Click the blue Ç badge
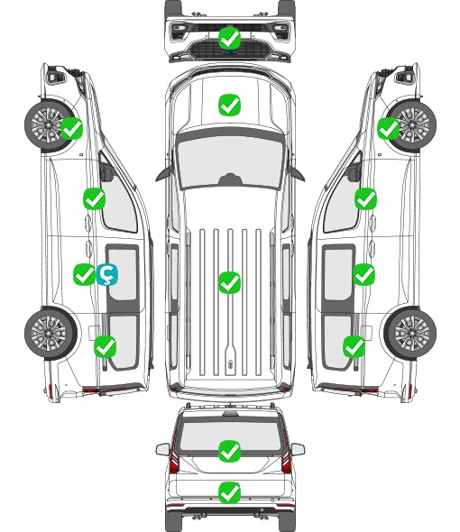(x=107, y=275)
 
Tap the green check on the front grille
(x=229, y=38)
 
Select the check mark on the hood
(x=229, y=105)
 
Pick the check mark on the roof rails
(x=229, y=282)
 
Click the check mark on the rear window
(x=229, y=451)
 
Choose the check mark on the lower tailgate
(x=229, y=492)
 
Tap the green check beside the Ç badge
(x=84, y=274)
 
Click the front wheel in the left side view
(x=50, y=125)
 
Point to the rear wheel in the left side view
(x=51, y=333)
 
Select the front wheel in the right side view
(x=412, y=125)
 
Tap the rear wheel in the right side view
(x=410, y=333)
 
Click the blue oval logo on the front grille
(x=229, y=52)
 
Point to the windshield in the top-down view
(x=230, y=161)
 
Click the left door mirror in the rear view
(x=162, y=449)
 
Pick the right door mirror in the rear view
(x=298, y=449)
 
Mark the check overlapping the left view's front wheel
(x=71, y=128)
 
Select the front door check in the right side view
(x=365, y=198)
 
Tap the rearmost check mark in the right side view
(x=354, y=346)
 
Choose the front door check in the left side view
(x=94, y=198)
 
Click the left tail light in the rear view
(x=174, y=454)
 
